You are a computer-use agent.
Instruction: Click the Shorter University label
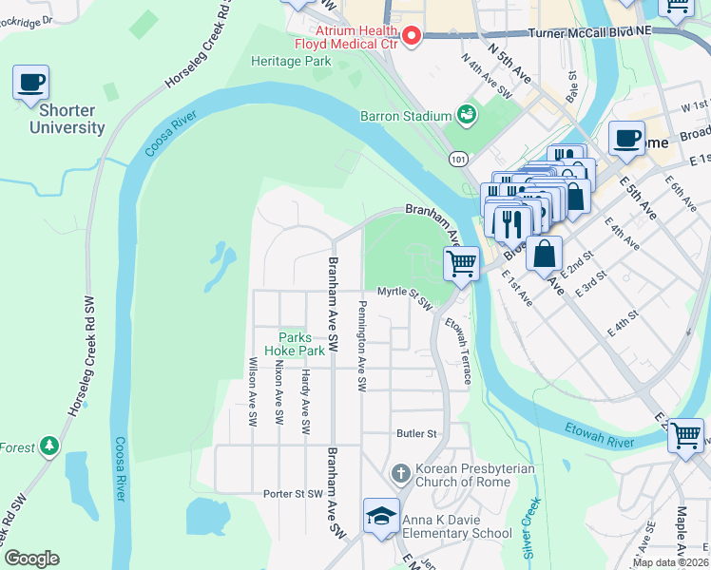pos(67,119)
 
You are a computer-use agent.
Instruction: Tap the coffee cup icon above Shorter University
pos(30,83)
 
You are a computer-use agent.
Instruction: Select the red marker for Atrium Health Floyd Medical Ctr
pos(412,37)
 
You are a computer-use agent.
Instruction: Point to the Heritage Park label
pos(291,61)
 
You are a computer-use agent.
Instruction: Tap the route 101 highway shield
pos(459,161)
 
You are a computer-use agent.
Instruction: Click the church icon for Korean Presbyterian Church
pos(401,472)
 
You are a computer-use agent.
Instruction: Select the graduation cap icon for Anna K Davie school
pos(381,516)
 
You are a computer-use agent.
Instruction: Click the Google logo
pos(31,559)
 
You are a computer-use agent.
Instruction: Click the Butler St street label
pos(416,433)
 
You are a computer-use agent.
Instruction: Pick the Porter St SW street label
pos(294,494)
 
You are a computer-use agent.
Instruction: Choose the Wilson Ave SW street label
pos(253,391)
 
